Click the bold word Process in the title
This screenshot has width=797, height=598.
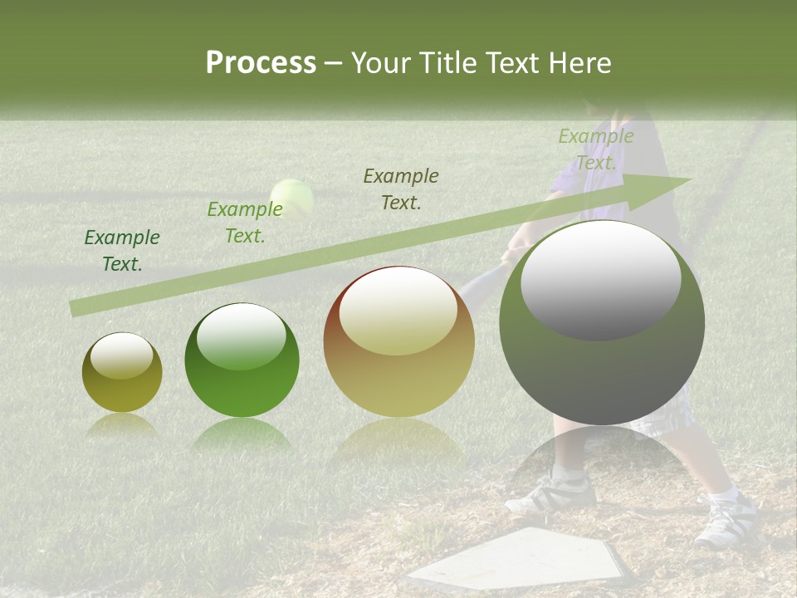click(261, 63)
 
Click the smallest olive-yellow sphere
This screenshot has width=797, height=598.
click(122, 373)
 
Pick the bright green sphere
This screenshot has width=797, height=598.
click(242, 360)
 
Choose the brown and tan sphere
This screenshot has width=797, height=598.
click(398, 342)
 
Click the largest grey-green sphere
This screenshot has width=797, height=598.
click(602, 324)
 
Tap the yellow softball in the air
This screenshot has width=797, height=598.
click(292, 199)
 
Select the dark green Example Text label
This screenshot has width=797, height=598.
click(122, 251)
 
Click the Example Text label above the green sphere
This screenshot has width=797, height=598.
click(245, 223)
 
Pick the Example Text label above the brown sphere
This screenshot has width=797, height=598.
click(401, 189)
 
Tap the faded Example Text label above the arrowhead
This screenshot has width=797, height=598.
click(596, 149)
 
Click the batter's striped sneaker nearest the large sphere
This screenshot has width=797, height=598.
click(551, 493)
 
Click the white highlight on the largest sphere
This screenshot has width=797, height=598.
click(600, 278)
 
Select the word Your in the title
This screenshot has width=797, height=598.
click(377, 63)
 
